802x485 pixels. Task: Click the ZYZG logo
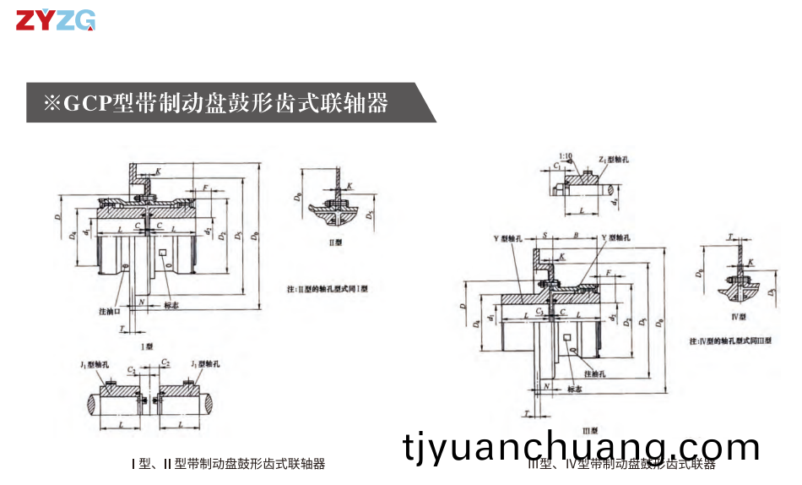click(x=56, y=20)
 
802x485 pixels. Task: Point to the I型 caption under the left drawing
click(x=147, y=346)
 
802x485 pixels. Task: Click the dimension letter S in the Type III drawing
click(x=545, y=234)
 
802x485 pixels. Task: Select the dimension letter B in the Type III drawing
click(x=574, y=234)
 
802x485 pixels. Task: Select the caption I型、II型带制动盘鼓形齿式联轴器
click(x=228, y=464)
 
